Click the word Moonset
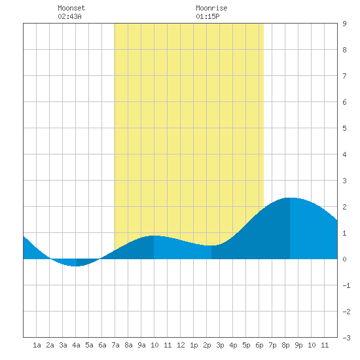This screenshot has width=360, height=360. (x=71, y=8)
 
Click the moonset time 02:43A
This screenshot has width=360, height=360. (x=69, y=16)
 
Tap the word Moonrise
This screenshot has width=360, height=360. (x=211, y=8)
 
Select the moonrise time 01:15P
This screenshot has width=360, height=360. (x=207, y=16)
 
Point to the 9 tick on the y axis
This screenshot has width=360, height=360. (x=344, y=24)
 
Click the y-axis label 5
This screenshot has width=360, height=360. (x=344, y=128)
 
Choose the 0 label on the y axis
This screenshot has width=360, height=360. (x=344, y=259)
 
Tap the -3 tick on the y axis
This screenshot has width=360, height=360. (x=346, y=338)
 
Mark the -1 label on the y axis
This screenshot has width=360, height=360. (x=346, y=285)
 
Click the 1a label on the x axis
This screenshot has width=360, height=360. (x=37, y=345)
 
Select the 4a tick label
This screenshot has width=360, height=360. (x=76, y=345)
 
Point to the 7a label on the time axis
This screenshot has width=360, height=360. (x=115, y=345)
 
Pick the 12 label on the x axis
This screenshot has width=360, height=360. (x=181, y=345)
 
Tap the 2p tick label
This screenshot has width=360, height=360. (x=207, y=345)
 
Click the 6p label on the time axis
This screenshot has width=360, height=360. (x=259, y=345)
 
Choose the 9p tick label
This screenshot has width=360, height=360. (x=298, y=345)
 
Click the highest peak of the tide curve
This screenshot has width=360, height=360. (x=290, y=198)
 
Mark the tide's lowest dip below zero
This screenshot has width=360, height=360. (x=77, y=266)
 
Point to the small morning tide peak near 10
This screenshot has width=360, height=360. (x=154, y=236)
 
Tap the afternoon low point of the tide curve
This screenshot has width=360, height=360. (x=211, y=245)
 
